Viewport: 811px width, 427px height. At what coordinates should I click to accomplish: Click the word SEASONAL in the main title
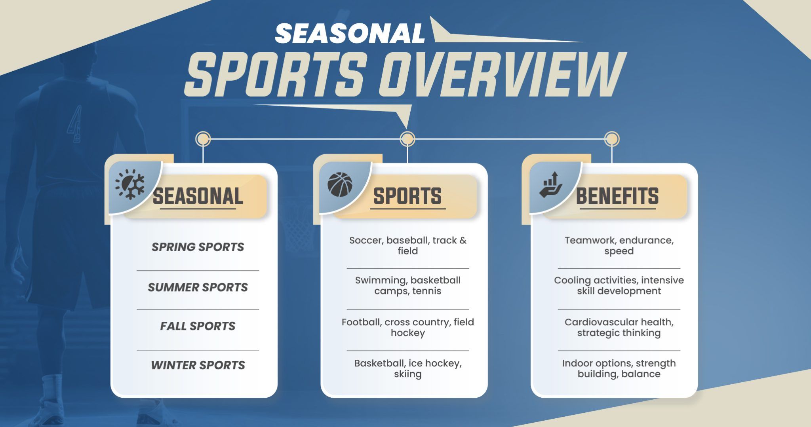tap(350, 33)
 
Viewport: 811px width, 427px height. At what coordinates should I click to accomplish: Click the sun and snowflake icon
tap(130, 184)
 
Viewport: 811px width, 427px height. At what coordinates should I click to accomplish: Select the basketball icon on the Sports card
tap(340, 184)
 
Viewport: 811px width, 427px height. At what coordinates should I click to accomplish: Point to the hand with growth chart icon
tap(551, 184)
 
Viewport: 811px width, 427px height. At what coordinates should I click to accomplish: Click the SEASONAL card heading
tap(198, 196)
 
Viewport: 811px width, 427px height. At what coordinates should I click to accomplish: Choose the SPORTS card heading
tap(407, 196)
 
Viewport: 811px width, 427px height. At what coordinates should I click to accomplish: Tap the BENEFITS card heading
tap(617, 196)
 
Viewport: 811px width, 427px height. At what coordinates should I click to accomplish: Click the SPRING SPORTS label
tap(198, 247)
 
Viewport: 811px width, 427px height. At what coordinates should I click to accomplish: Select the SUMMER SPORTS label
tap(198, 287)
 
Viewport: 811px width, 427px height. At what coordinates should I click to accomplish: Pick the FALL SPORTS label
tap(198, 326)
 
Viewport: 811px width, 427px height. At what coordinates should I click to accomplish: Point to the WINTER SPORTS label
tap(198, 365)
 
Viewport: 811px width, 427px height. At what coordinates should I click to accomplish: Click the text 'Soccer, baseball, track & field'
tap(408, 246)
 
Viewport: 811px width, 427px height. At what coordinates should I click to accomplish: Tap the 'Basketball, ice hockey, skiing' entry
tap(408, 369)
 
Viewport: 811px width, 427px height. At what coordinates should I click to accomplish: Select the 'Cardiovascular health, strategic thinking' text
tap(619, 328)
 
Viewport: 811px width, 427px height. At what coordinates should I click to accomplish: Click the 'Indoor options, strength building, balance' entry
tap(619, 369)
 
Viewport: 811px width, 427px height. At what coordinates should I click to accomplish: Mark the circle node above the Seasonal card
tap(203, 139)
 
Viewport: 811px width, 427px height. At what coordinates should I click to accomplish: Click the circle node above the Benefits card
tap(612, 139)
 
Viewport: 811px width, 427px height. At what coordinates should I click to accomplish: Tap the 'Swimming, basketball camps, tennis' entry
tap(408, 286)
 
